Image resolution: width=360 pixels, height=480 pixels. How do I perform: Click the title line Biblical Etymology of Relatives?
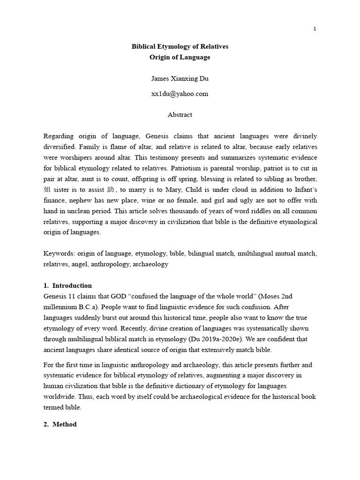[180, 47]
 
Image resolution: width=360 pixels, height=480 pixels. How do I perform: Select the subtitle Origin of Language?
[180, 57]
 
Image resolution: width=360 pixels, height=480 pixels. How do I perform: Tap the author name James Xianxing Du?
[180, 78]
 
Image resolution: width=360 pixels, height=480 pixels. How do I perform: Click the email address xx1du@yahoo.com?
[180, 93]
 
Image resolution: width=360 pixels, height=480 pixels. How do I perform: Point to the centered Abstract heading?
[180, 114]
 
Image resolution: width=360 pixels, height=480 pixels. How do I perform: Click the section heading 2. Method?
[60, 424]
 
